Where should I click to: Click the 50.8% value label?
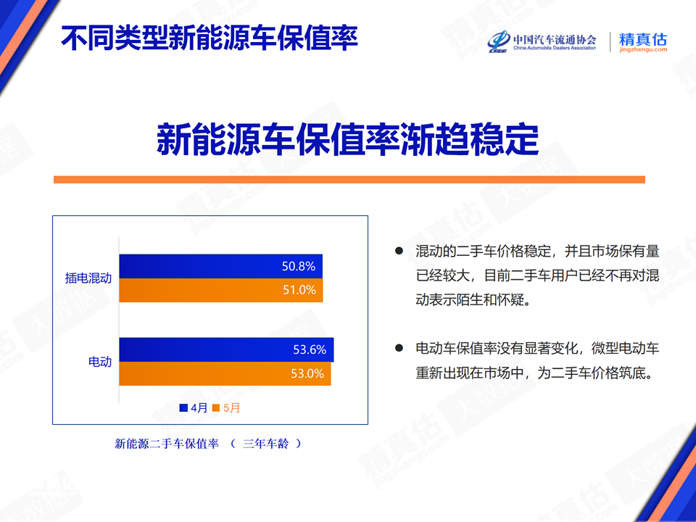point(298,266)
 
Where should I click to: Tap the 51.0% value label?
point(299,290)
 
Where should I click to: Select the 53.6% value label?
point(310,349)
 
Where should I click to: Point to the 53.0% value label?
point(307,374)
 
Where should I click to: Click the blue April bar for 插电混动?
point(220,266)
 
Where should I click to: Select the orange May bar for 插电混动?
point(221,290)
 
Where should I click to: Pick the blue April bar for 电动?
point(226,349)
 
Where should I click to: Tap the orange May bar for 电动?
point(225,374)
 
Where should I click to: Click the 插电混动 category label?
point(88,278)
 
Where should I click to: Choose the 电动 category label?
point(100,362)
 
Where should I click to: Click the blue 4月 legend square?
point(183,408)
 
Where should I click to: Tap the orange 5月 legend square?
point(216,408)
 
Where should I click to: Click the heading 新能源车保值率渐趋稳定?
point(347,139)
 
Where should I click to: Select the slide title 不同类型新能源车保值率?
point(209,38)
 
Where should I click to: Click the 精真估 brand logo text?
point(643,39)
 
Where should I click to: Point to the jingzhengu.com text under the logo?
point(643,50)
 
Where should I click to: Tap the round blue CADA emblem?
point(499,42)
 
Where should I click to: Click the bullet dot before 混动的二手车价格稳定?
point(399,252)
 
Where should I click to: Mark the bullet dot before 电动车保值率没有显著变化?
point(399,348)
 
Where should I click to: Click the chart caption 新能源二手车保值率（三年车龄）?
point(208,444)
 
